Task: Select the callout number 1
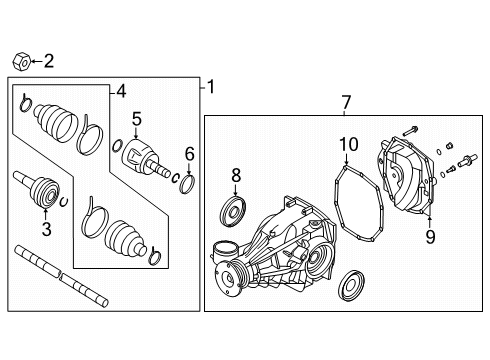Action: click(210, 88)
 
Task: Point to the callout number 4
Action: click(121, 92)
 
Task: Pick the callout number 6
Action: click(188, 154)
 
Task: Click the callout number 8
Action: click(429, 237)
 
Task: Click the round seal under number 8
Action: click(237, 211)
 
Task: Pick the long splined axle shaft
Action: click(60, 273)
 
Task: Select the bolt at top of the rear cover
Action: click(412, 129)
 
